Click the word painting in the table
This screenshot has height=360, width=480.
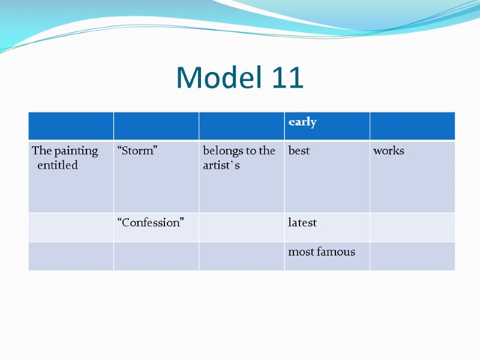(x=76, y=151)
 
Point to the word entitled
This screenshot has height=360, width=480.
(x=58, y=165)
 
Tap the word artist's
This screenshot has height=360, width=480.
(x=221, y=165)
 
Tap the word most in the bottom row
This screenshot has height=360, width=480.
(x=301, y=252)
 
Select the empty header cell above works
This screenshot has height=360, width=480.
(x=412, y=125)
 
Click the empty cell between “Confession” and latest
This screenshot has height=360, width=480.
(x=241, y=227)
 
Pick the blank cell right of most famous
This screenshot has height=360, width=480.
(x=412, y=256)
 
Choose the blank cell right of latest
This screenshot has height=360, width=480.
(x=412, y=227)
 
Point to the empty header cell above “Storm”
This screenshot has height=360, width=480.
(x=156, y=125)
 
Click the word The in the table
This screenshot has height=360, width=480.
(x=41, y=151)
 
